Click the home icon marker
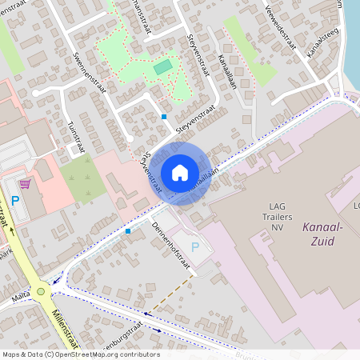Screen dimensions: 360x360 [180, 173]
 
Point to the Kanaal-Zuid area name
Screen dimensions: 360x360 [323, 234]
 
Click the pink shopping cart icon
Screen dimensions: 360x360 [26, 184]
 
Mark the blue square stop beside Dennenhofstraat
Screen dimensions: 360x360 [128, 231]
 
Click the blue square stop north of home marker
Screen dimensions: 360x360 [164, 117]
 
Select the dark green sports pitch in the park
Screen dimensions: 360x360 [163, 66]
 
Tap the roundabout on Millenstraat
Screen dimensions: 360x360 [41, 291]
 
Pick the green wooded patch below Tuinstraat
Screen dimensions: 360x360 [82, 178]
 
